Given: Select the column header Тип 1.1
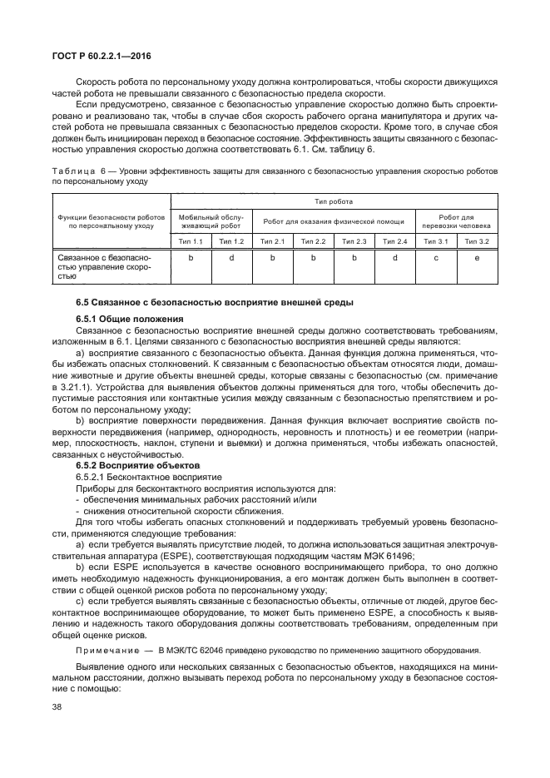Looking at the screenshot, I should pos(191,240).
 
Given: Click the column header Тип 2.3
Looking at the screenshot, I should pos(354,240).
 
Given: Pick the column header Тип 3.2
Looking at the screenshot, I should pos(477,240).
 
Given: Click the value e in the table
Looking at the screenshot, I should pos(477,258).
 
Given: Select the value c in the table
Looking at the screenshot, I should pos(436,258).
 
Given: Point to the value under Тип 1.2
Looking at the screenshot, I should pos(231,258).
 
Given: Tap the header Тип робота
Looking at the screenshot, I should pos(333,201).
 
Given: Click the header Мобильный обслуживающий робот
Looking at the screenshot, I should pos(211,221).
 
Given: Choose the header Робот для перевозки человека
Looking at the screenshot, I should pos(456,221).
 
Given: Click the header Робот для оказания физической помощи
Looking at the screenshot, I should pos(334,221).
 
